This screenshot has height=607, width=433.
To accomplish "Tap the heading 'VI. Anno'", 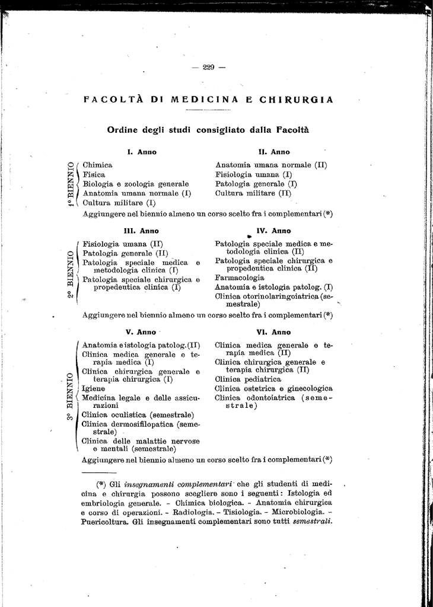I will click(273, 333).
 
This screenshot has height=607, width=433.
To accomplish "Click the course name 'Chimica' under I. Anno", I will click(97, 165).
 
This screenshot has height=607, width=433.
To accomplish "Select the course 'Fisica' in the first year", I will click(94, 174).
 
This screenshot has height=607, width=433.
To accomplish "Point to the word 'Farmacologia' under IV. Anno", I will click(240, 277).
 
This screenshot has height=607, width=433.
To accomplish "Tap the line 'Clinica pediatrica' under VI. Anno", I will click(248, 378).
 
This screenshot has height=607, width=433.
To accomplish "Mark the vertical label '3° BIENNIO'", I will click(72, 397).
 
